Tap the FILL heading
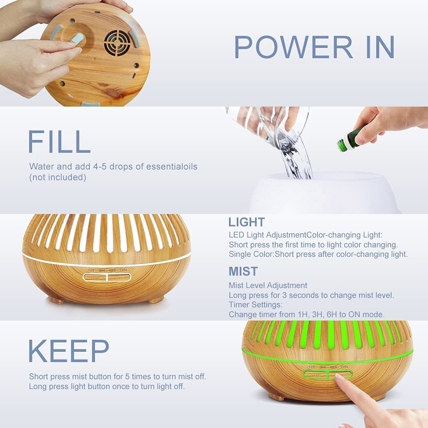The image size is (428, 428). click(x=59, y=142)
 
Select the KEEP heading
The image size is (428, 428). click(x=68, y=351)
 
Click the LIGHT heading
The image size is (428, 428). click(x=247, y=222)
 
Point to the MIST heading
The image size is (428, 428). click(x=243, y=271)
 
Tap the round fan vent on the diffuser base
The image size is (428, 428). click(x=118, y=43)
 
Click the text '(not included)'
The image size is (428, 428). click(x=58, y=178)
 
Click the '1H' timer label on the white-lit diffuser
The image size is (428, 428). click(x=91, y=270)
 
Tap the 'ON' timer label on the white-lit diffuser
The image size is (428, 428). click(x=123, y=270)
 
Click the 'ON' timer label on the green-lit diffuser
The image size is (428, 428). click(x=344, y=367)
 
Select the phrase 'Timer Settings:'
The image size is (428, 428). click(x=256, y=305)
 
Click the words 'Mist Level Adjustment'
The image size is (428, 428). click(x=268, y=285)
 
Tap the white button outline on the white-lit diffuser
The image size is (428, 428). click(x=107, y=277)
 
